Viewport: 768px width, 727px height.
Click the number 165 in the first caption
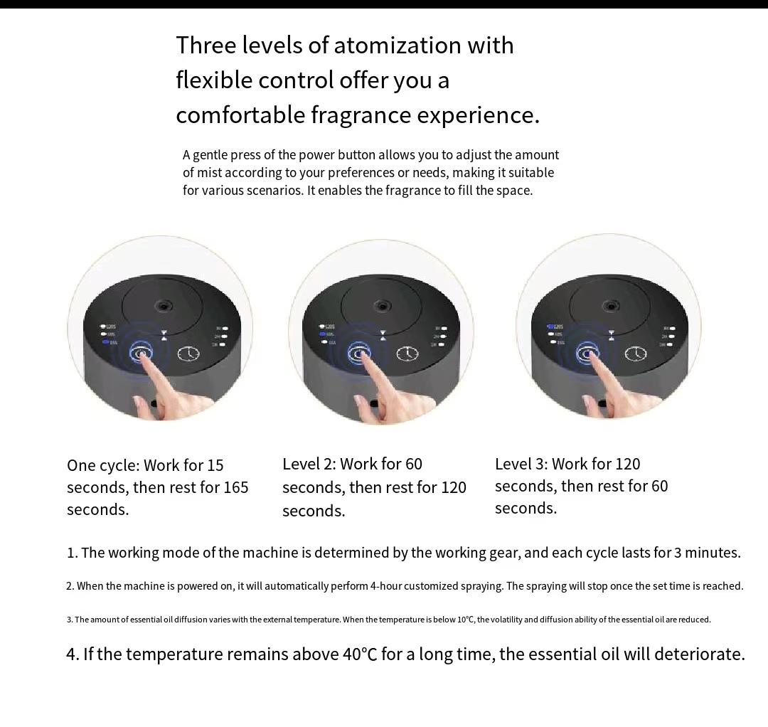pos(235,487)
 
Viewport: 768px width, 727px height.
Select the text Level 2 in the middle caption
pos(309,464)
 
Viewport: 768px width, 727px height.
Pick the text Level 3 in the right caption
pos(521,464)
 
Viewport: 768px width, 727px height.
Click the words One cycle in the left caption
pos(103,465)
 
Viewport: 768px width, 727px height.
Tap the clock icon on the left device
pos(188,354)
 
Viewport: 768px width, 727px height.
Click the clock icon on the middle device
pos(407,354)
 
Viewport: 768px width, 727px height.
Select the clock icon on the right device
pos(635,354)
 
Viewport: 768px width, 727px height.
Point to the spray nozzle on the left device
pos(164,307)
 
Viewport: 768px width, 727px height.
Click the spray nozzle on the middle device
pos(383,307)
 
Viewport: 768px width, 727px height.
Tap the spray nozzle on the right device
pos(610,307)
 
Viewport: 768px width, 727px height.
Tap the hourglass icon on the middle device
pos(383,334)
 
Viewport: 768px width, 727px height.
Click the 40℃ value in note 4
pos(360,654)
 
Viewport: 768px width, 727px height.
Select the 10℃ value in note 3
pos(466,620)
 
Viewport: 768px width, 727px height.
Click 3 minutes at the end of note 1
pos(707,553)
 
